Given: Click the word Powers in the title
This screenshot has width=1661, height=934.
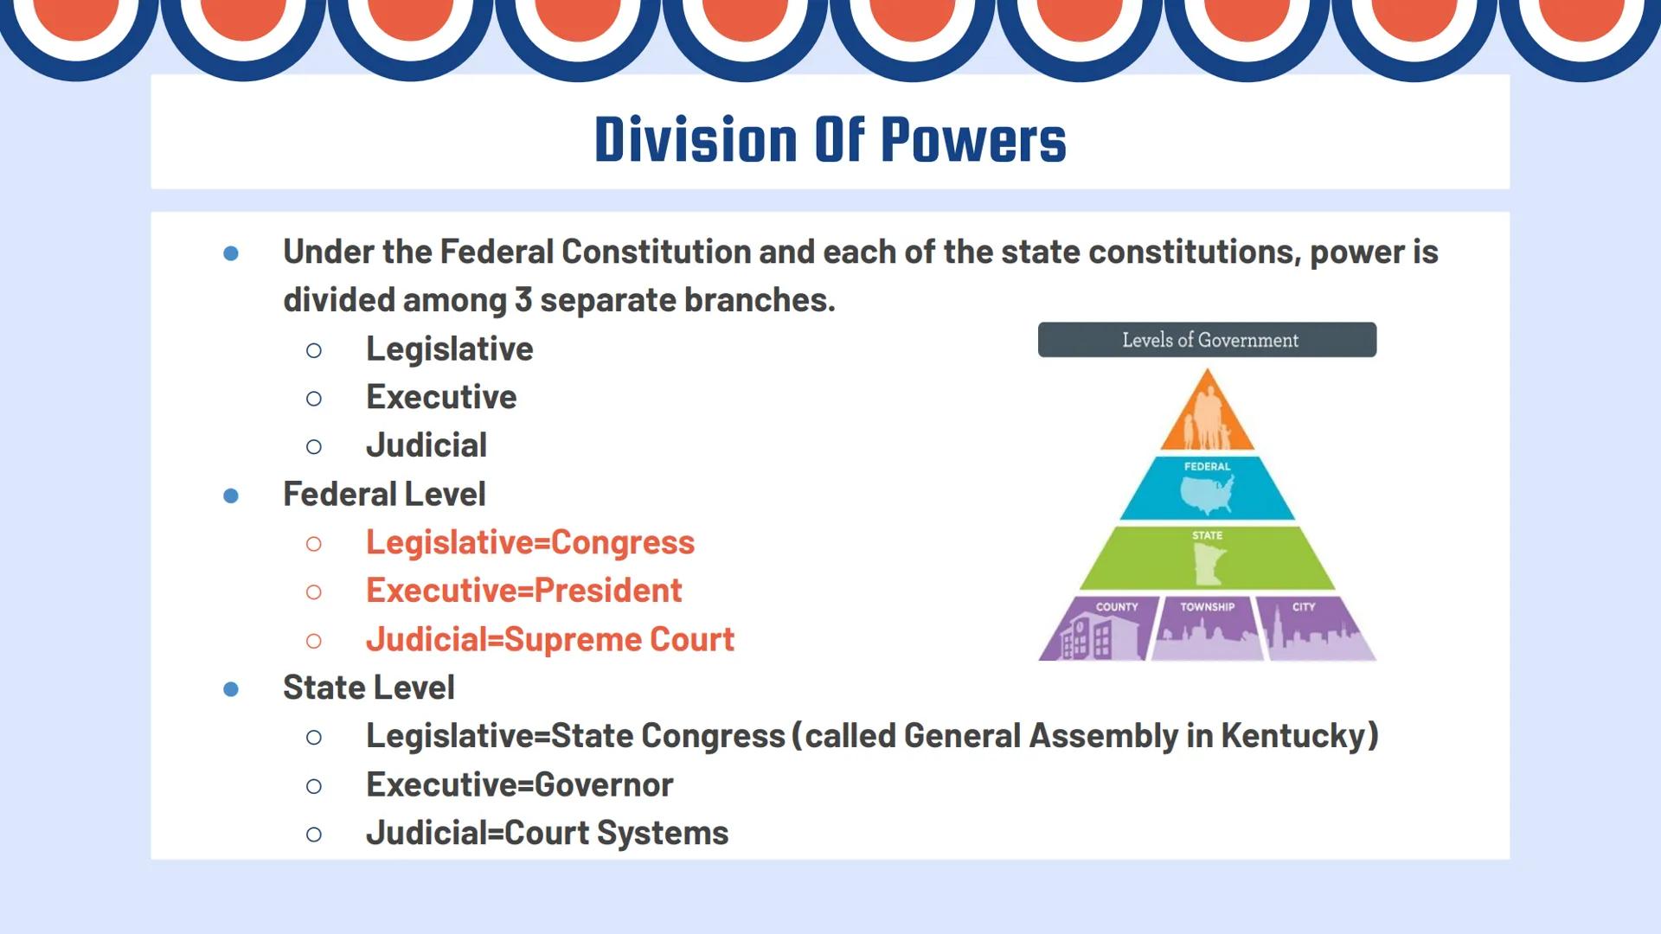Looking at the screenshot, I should [x=973, y=140].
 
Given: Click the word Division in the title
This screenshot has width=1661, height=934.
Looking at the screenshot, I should [x=696, y=140].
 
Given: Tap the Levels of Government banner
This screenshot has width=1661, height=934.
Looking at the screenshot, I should [x=1208, y=340].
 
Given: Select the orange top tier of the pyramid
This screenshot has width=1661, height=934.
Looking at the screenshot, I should [x=1207, y=413].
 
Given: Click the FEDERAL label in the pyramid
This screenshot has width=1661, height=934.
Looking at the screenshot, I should [x=1207, y=466].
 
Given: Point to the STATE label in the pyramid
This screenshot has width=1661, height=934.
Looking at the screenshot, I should [x=1207, y=535].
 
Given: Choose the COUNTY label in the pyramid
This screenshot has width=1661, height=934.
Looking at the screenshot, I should [x=1117, y=607].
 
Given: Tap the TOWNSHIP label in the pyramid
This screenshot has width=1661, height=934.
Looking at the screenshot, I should [x=1208, y=607].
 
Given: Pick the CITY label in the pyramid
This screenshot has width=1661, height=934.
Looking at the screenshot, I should [x=1304, y=607].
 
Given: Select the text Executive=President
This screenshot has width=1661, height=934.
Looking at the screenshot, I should [x=523, y=591].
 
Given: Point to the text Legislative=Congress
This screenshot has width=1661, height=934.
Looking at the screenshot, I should [x=529, y=542].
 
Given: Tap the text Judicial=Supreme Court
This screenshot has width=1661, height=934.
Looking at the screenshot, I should [x=549, y=640].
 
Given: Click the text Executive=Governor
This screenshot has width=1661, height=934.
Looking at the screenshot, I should [x=519, y=785].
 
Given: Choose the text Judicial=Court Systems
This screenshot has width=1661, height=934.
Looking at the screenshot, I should [x=547, y=834].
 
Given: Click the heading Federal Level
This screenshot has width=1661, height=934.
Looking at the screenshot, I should [x=384, y=495].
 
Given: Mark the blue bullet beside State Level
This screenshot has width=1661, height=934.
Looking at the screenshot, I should [x=231, y=689].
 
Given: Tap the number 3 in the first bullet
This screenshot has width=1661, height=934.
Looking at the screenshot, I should [x=523, y=300].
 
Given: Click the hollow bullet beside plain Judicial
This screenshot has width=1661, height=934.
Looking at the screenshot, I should [x=314, y=447].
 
